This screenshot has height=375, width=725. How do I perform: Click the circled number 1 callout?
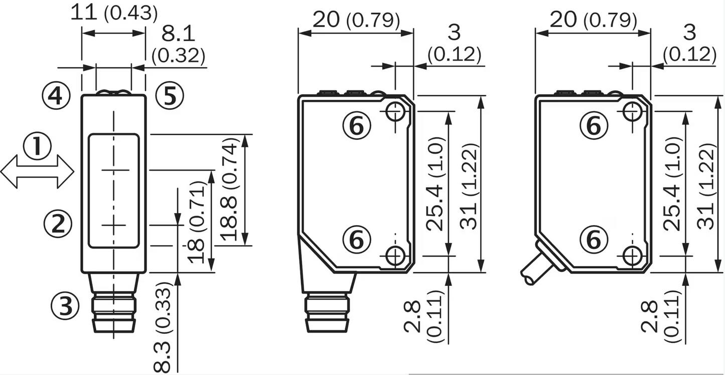38,148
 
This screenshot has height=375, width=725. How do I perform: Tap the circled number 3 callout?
65,305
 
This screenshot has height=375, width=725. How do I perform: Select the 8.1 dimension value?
178,34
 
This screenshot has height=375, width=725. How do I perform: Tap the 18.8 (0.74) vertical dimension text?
230,191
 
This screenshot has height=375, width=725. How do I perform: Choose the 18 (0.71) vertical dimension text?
196,223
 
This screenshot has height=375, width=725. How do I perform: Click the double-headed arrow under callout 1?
38,171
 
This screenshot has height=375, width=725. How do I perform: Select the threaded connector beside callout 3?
114,311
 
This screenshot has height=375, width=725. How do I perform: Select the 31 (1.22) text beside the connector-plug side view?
468,186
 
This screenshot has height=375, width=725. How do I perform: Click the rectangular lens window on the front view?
114,191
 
